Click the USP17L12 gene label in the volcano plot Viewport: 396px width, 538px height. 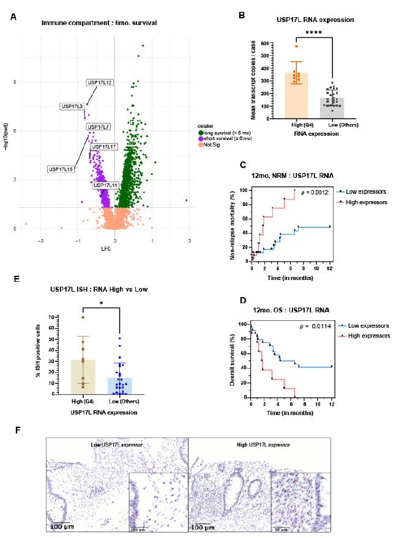[x=99, y=83]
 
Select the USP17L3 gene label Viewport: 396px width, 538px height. [x=72, y=106]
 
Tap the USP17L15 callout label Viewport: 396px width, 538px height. [x=60, y=169]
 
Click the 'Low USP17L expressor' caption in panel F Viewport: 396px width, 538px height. [x=116, y=443]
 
